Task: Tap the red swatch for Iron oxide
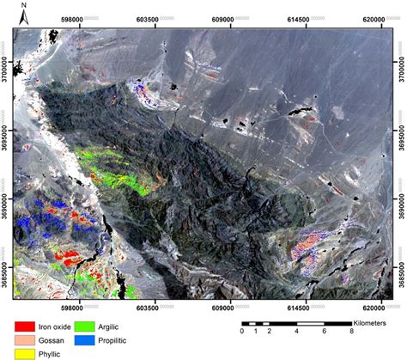pos(22,327)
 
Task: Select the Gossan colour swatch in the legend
pos(22,340)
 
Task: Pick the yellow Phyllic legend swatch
pos(22,353)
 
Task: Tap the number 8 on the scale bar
pos(351,332)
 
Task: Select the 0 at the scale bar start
pos(242,332)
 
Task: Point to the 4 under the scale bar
pos(296,332)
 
